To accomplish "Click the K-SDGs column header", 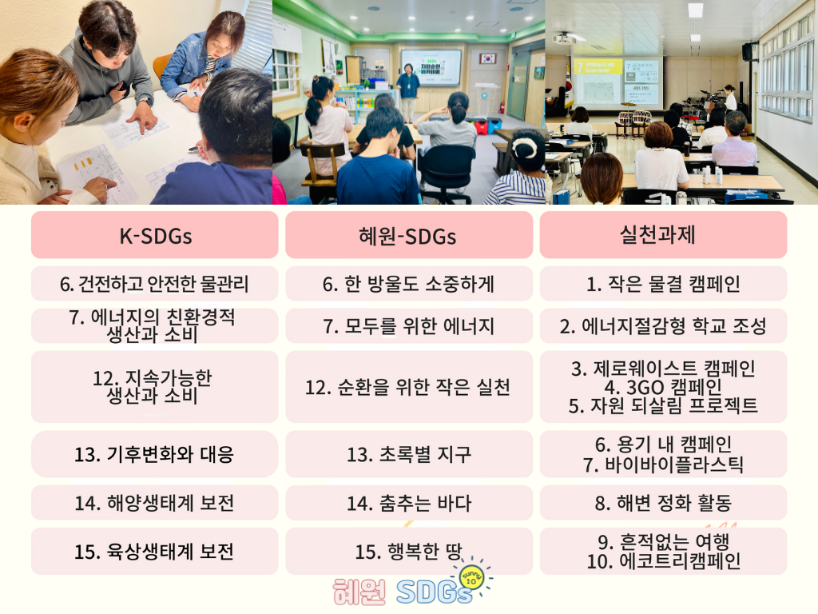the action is point(155,236).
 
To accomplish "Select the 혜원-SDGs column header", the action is point(409,236).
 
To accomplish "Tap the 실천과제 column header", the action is point(663,236).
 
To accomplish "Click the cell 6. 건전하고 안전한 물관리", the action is point(155,284).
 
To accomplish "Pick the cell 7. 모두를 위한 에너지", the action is point(409,326).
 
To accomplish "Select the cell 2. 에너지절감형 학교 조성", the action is point(663,326).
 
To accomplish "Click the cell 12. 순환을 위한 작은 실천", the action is point(409,387).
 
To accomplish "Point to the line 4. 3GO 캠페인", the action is point(663,388).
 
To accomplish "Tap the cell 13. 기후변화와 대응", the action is point(155,454).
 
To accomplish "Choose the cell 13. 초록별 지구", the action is point(409,454).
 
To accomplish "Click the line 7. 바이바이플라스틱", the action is point(663,464).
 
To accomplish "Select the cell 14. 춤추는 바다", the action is point(409,503).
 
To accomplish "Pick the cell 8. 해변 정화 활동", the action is point(663,503).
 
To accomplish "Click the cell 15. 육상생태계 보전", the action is point(155,552).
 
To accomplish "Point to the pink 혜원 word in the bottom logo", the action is point(359,592).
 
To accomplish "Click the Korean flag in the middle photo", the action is point(488,58).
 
